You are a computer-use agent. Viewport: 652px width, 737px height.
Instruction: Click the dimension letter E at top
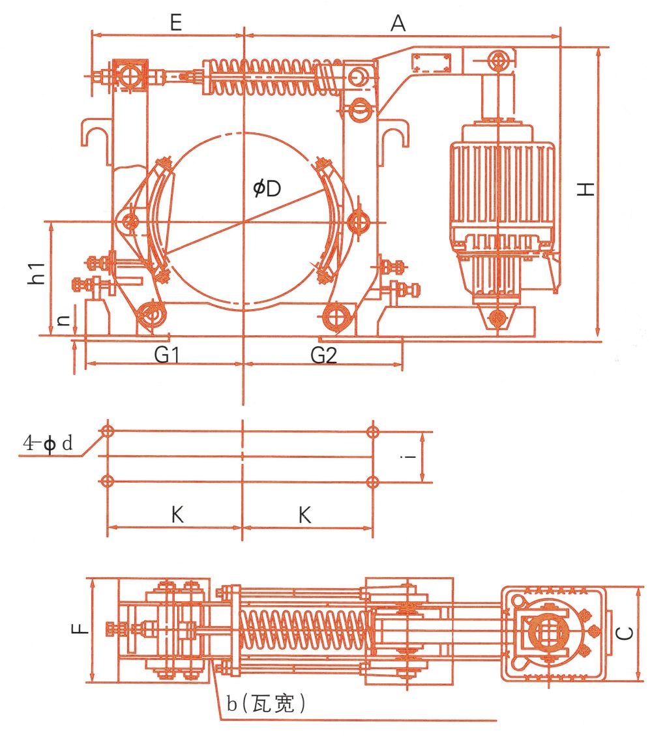pos(175,23)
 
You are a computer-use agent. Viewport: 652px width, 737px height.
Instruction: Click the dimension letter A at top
pos(398,23)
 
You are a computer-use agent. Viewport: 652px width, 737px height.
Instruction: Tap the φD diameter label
pos(267,188)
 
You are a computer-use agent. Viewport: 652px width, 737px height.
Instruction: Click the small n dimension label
pos(61,320)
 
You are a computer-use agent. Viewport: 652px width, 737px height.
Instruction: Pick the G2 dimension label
pos(323,355)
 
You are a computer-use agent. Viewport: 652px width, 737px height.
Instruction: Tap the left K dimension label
pos(177,515)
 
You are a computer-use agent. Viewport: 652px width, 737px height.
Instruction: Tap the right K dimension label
pos(304,515)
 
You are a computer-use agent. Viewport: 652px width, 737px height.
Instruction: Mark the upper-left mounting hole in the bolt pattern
pos(108,431)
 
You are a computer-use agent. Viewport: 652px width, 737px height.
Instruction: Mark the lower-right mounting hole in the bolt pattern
pos(372,482)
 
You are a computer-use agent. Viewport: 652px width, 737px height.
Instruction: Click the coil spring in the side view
pos(268,78)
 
